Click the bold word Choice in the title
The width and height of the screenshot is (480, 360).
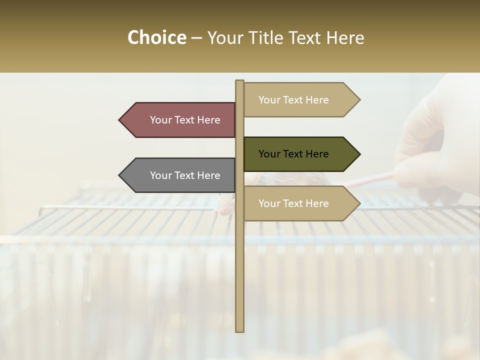tap(156, 38)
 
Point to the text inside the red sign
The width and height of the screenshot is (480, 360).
tap(185, 120)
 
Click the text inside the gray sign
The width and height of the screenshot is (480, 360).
tap(185, 175)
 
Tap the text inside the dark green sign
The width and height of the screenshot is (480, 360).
tap(293, 154)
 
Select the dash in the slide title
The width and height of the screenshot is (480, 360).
tap(196, 38)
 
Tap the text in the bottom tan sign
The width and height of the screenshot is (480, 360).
tap(293, 203)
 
